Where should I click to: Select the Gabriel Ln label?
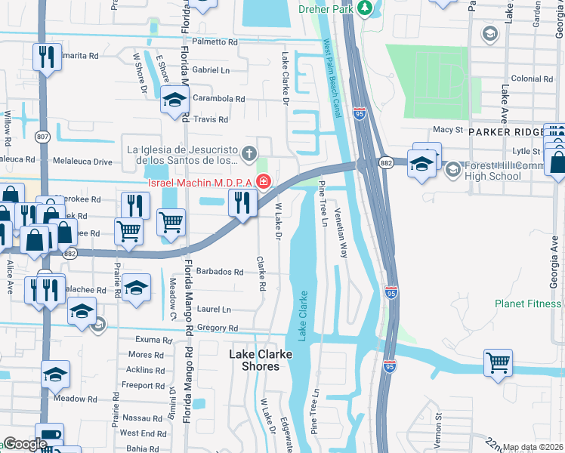[211, 69]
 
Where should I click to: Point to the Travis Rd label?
[211, 119]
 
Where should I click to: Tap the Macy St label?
[447, 129]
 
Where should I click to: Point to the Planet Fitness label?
[529, 304]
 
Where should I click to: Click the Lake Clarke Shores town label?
[255, 359]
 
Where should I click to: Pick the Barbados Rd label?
[219, 272]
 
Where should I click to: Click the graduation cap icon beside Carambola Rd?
[174, 100]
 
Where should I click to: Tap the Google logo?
[24, 444]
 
